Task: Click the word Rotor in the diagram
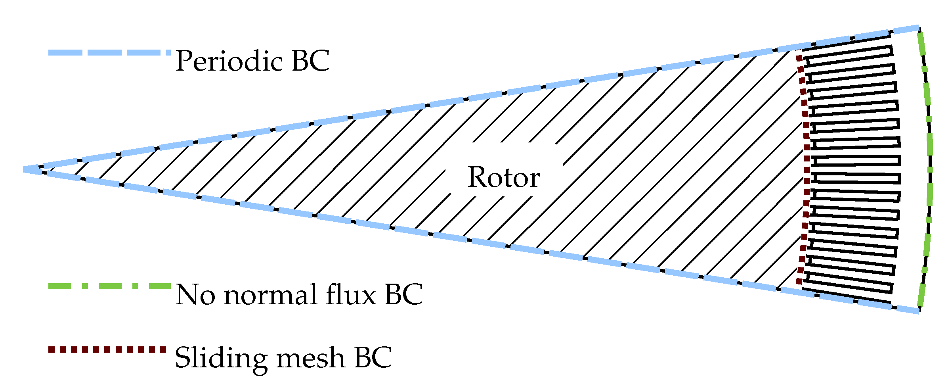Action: tap(503, 177)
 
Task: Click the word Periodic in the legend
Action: tap(229, 61)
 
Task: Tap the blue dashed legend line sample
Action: tap(109, 53)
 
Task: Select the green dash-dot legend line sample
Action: tap(109, 286)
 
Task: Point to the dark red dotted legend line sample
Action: tap(107, 350)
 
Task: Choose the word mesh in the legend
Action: tap(311, 358)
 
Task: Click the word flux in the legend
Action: tap(350, 295)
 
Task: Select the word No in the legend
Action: tap(196, 295)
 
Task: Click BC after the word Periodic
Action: tap(310, 61)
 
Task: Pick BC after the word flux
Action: tap(403, 295)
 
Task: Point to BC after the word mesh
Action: tap(373, 358)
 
